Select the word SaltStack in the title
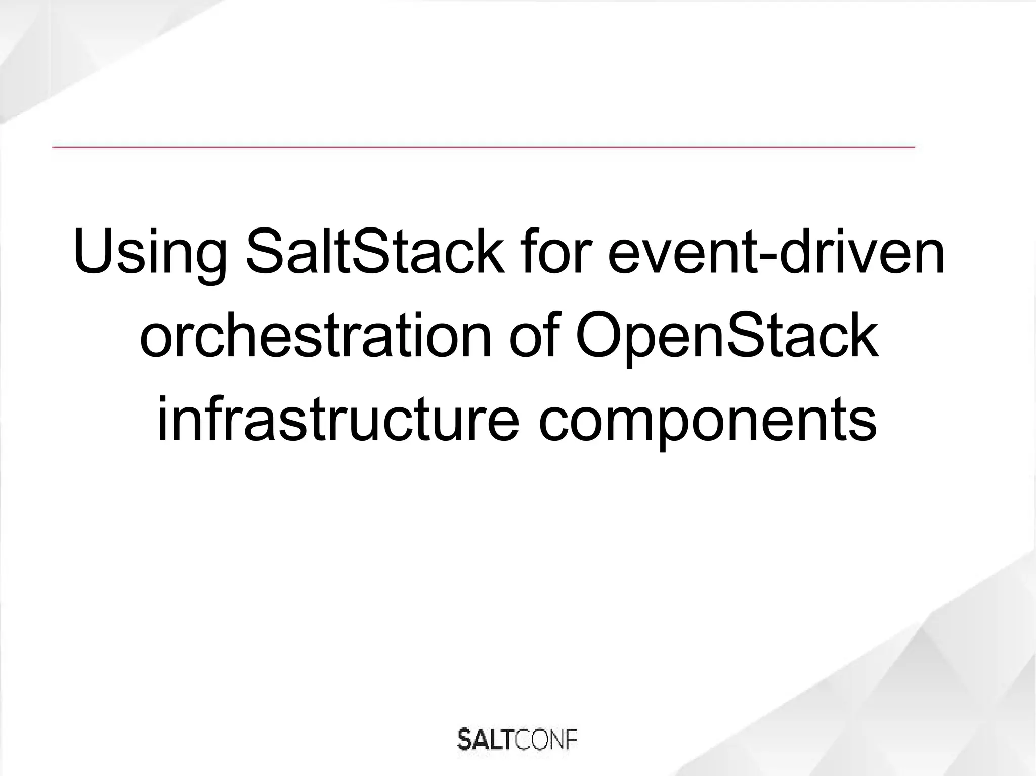tap(375, 251)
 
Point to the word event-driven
tap(776, 251)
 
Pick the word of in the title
tap(535, 336)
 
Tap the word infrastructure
tap(338, 420)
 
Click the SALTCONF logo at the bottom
tap(517, 741)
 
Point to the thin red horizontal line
tap(483, 147)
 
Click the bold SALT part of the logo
tap(486, 741)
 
